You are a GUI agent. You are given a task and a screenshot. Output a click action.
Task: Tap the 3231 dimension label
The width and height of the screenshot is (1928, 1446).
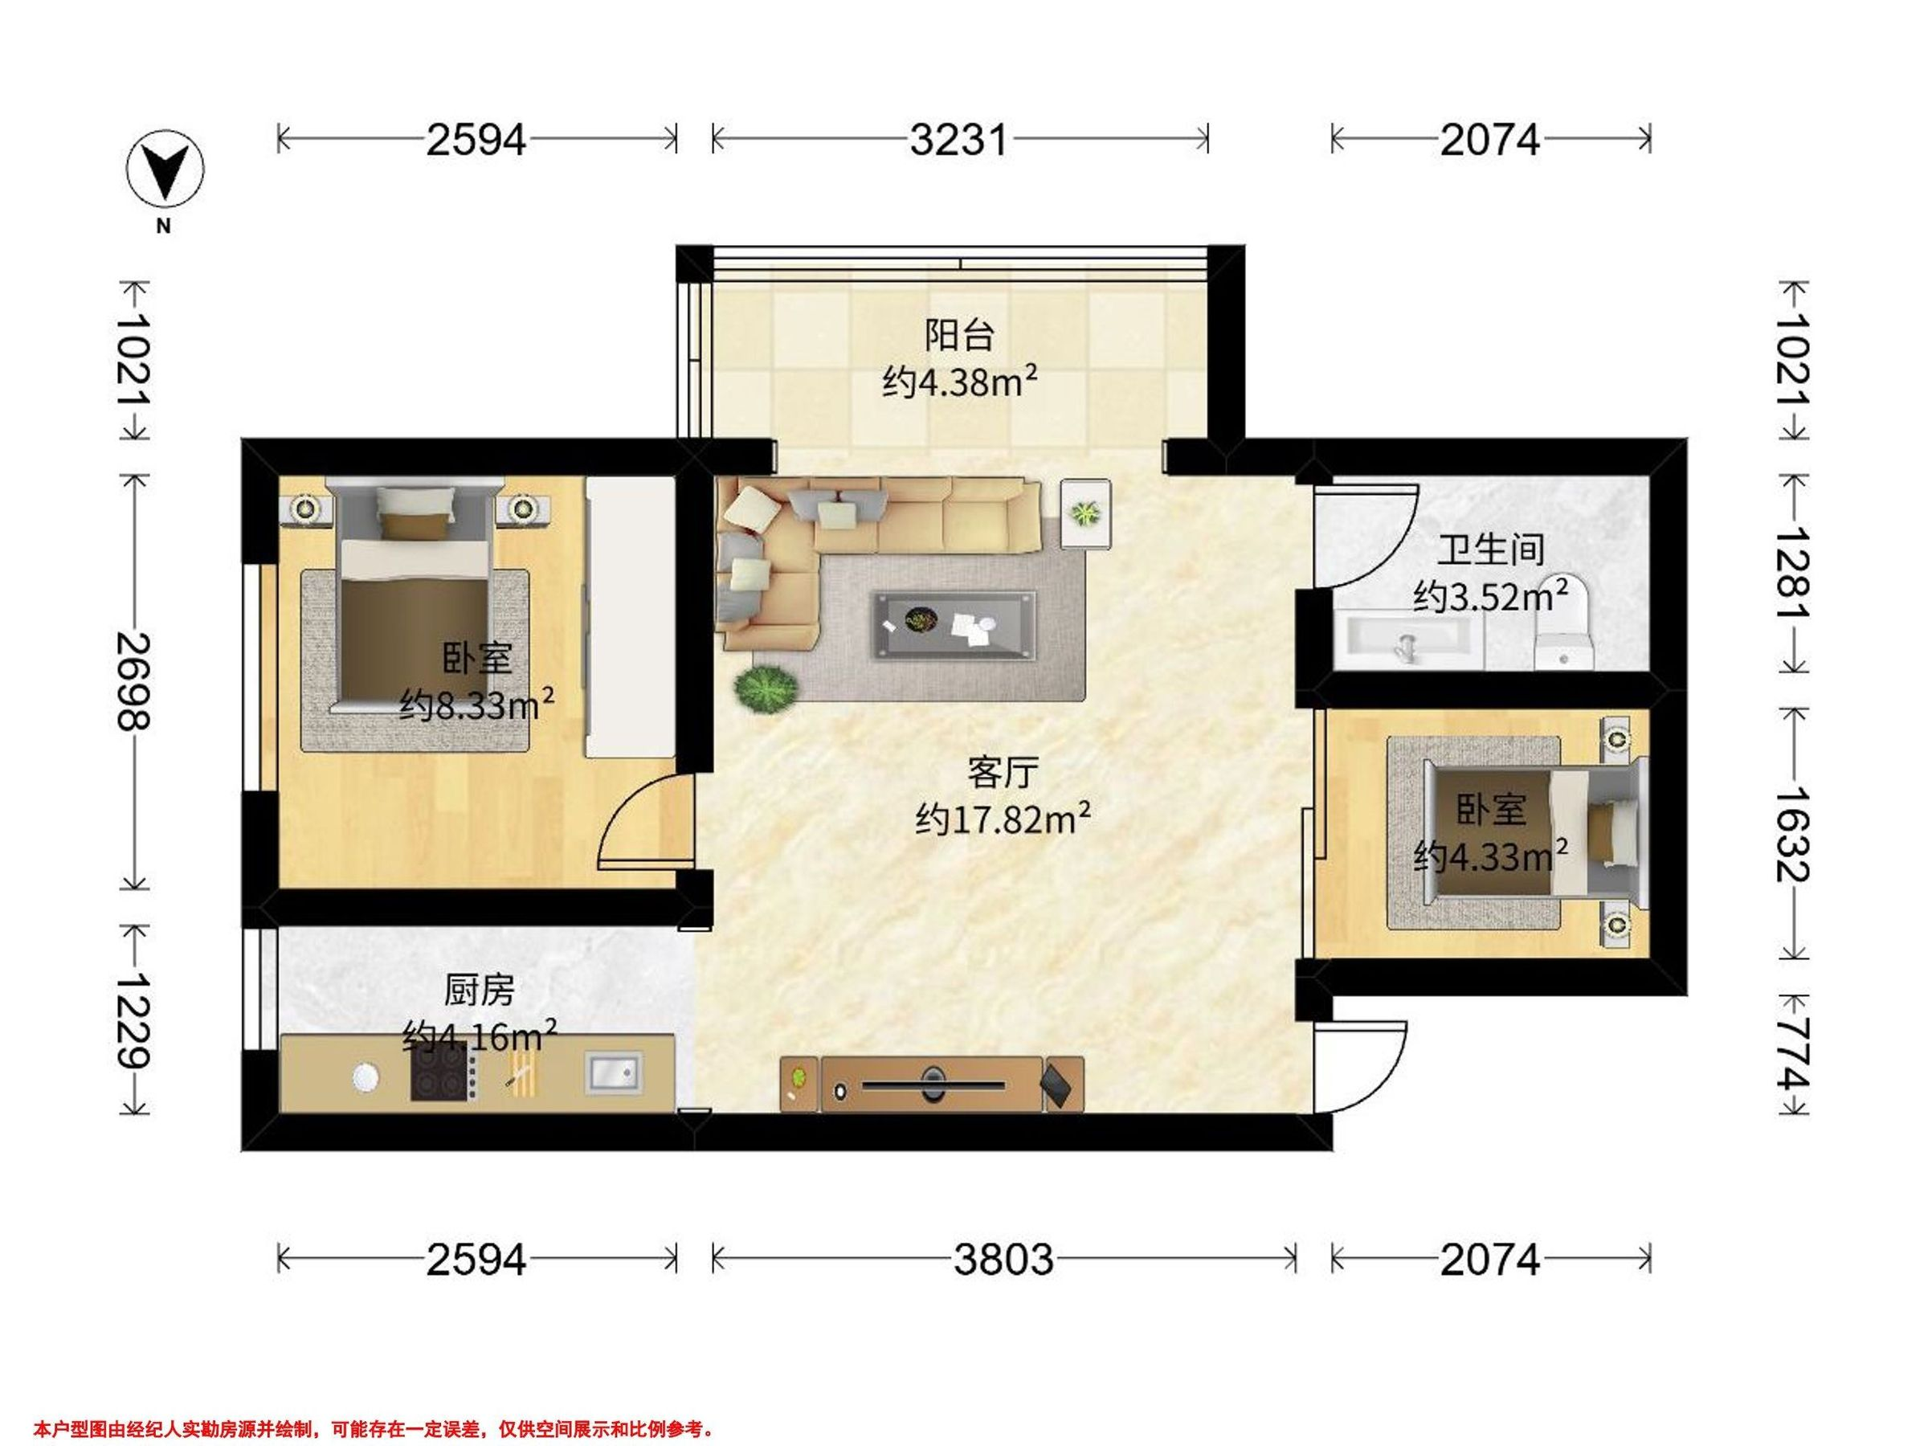pos(958,140)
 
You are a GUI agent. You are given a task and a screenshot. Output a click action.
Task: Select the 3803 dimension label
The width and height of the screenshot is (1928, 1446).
pos(1003,1260)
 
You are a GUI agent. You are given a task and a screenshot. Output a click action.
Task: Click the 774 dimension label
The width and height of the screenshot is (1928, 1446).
pos(1794,1054)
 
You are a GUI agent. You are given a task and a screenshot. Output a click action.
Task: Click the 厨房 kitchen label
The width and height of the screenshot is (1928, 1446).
pos(480,991)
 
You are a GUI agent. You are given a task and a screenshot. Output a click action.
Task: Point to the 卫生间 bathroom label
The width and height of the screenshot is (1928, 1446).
pos(1490,549)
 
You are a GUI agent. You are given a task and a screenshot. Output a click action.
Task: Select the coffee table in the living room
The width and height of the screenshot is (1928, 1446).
pos(955,626)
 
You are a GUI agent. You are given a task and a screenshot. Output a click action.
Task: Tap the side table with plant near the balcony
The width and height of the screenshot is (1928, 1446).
pos(1085,513)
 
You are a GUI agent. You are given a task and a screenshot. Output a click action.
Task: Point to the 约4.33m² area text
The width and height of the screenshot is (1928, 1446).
pos(1490,857)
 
